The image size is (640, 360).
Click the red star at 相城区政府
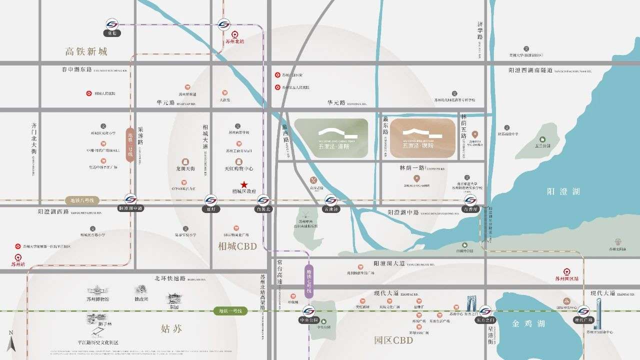(x=244, y=184)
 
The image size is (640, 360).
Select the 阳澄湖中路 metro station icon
(x=130, y=199)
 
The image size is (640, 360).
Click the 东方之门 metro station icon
(x=485, y=310)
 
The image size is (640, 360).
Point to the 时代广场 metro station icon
(x=583, y=310)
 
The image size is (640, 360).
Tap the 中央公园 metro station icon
(x=309, y=310)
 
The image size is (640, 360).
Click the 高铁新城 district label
(x=86, y=51)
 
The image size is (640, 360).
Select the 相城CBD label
(x=237, y=246)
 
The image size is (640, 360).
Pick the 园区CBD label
(x=393, y=340)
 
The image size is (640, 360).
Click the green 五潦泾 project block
(x=331, y=138)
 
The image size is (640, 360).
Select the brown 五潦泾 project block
(x=422, y=138)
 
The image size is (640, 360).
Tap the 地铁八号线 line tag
(x=82, y=200)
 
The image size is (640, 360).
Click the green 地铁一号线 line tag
(x=230, y=311)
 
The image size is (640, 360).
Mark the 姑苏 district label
(x=171, y=328)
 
